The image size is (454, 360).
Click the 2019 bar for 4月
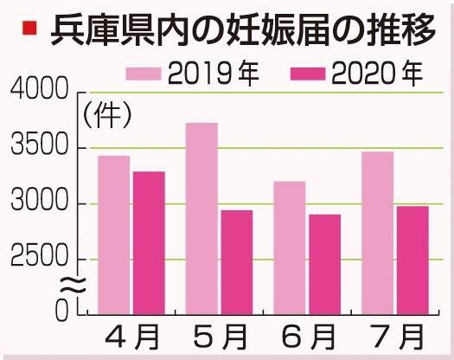pyautogui.click(x=114, y=234)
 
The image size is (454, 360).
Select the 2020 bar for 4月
pyautogui.click(x=148, y=241)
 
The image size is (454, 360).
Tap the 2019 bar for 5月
pyautogui.click(x=201, y=217)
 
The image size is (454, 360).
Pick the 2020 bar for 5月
pyautogui.click(x=235, y=260)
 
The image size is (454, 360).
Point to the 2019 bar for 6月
pyautogui.click(x=289, y=247)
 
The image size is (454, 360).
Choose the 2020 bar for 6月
pyautogui.click(x=323, y=263)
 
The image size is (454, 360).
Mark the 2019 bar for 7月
pyautogui.click(x=377, y=231)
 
